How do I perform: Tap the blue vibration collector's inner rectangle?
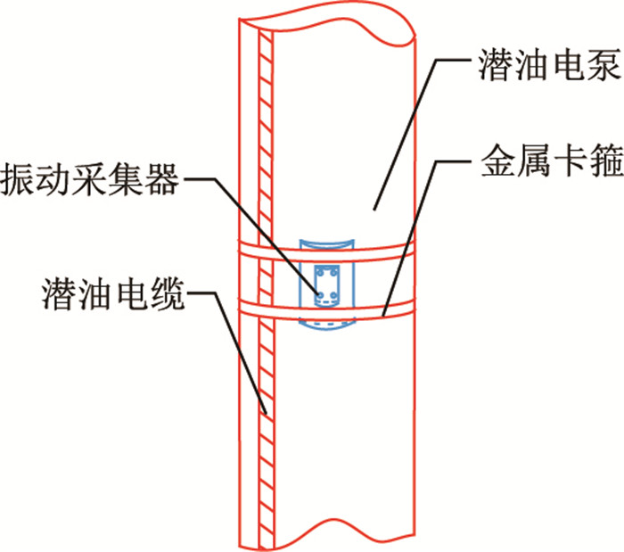(325, 283)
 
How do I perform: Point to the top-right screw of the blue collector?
(335, 271)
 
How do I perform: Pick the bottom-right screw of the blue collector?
(335, 295)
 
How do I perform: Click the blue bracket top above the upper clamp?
(326, 243)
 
